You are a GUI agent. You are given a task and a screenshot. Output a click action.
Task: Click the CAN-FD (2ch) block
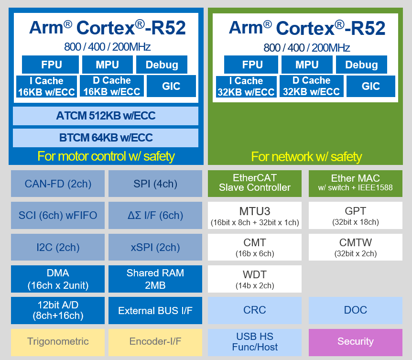coord(57,184)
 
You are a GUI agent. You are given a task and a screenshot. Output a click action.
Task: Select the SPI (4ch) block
coord(155,184)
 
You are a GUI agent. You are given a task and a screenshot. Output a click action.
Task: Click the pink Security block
coord(355,341)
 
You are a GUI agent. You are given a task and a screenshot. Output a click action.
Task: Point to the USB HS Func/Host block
coord(255,341)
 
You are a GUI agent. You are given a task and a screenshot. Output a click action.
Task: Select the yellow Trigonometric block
coord(57,341)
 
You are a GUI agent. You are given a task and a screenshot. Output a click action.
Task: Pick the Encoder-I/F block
coord(155,341)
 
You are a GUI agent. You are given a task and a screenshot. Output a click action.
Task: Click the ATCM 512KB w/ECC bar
coord(106,116)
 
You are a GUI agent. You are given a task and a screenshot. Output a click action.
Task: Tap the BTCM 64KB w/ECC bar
coord(106,138)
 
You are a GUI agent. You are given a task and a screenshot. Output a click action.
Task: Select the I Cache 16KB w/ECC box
coord(46,87)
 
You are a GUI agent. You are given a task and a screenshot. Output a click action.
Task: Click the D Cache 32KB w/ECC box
coord(311,86)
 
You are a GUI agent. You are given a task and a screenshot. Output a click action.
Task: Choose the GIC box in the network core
coord(370,86)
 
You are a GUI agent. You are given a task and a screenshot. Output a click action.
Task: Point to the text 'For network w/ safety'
coord(306,156)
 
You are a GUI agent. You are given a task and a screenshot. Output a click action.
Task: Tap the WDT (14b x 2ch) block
coord(255,279)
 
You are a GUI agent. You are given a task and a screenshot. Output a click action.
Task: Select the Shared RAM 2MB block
coord(155,279)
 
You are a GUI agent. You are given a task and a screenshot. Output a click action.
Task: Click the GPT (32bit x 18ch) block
coord(355,215)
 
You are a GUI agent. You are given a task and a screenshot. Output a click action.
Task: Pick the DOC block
coord(355,310)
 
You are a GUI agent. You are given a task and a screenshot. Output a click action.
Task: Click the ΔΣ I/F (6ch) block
coord(155,215)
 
